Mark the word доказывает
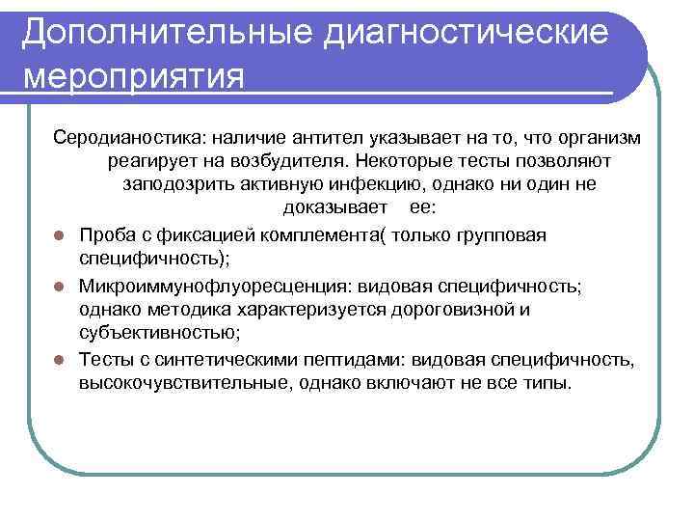[x=335, y=208]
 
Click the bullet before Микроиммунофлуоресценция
[x=59, y=288]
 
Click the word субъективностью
[x=155, y=334]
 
